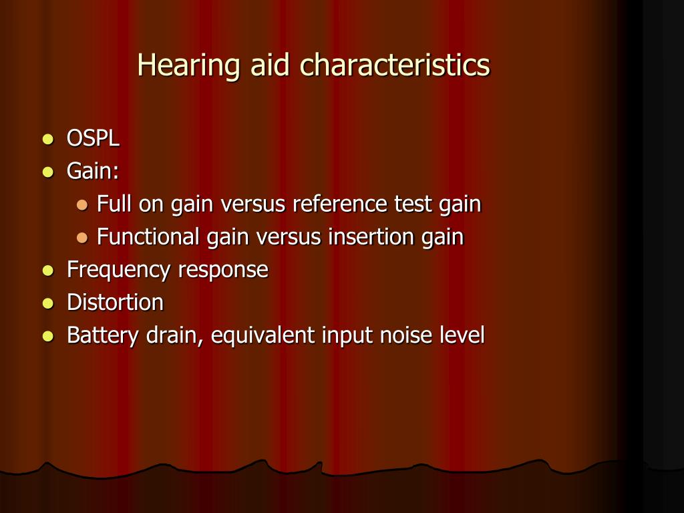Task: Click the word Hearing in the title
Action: click(188, 66)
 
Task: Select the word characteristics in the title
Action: click(395, 65)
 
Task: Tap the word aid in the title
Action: click(270, 65)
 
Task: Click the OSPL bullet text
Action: click(93, 138)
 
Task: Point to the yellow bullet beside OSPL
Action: click(48, 139)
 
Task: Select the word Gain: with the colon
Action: click(93, 170)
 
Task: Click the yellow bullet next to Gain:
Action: click(48, 172)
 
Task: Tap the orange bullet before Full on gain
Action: click(82, 204)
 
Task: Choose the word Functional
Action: click(148, 236)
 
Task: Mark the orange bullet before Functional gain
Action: click(82, 237)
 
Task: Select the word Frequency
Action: click(118, 270)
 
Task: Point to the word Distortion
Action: click(115, 302)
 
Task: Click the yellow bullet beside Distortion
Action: click(48, 303)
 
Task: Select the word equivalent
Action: click(263, 335)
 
